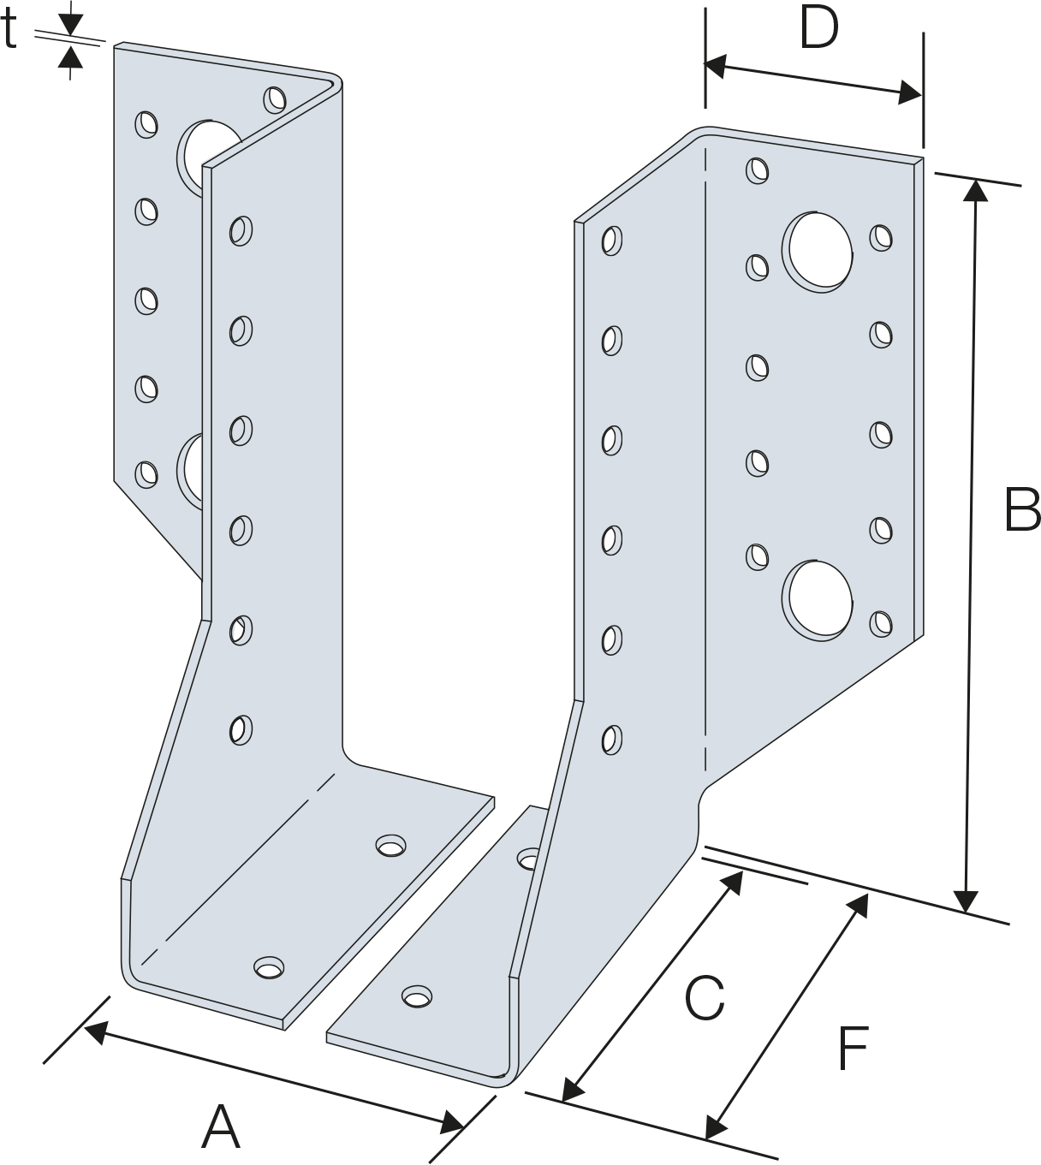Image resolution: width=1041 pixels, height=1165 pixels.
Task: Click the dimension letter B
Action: click(x=1023, y=509)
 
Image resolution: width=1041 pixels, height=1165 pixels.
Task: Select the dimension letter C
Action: click(x=705, y=998)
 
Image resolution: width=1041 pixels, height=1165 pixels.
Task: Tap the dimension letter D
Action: click(x=819, y=27)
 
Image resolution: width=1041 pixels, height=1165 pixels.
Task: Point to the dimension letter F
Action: click(x=853, y=1049)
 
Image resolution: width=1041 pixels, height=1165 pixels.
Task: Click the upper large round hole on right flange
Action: click(x=818, y=252)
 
